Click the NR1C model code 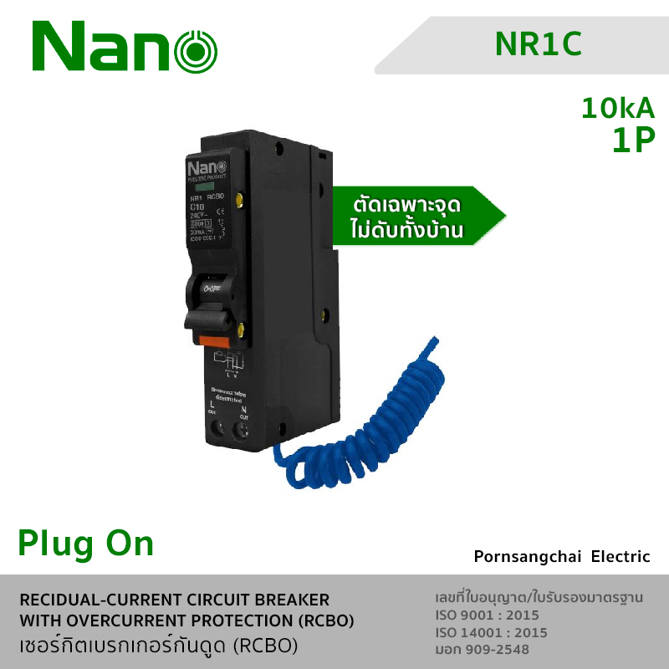pyautogui.click(x=539, y=44)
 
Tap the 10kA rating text pyautogui.click(x=618, y=109)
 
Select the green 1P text pyautogui.click(x=632, y=141)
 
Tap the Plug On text pyautogui.click(x=86, y=544)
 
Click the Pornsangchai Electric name pyautogui.click(x=561, y=556)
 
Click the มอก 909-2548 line pyautogui.click(x=483, y=649)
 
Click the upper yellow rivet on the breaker pyautogui.click(x=241, y=200)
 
